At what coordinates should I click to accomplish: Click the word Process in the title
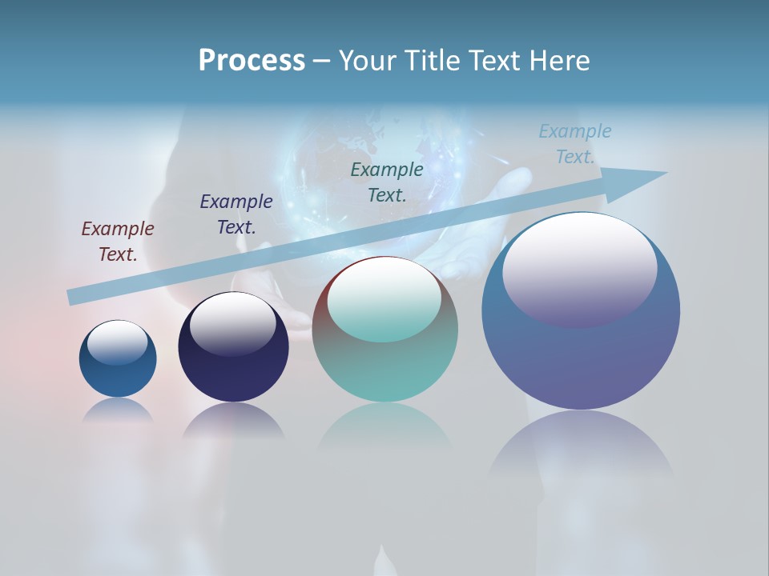pos(252,61)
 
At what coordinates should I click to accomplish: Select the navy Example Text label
pos(236,214)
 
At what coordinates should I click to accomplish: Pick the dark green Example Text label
pos(387,182)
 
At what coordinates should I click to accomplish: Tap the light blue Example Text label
pos(574,144)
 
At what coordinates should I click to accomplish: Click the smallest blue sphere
pos(118,376)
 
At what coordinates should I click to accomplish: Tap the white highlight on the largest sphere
pos(579,268)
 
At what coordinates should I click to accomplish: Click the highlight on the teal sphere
pos(384,300)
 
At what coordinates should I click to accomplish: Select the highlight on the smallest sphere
pos(118,342)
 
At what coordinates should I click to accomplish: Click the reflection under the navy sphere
pos(233,420)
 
